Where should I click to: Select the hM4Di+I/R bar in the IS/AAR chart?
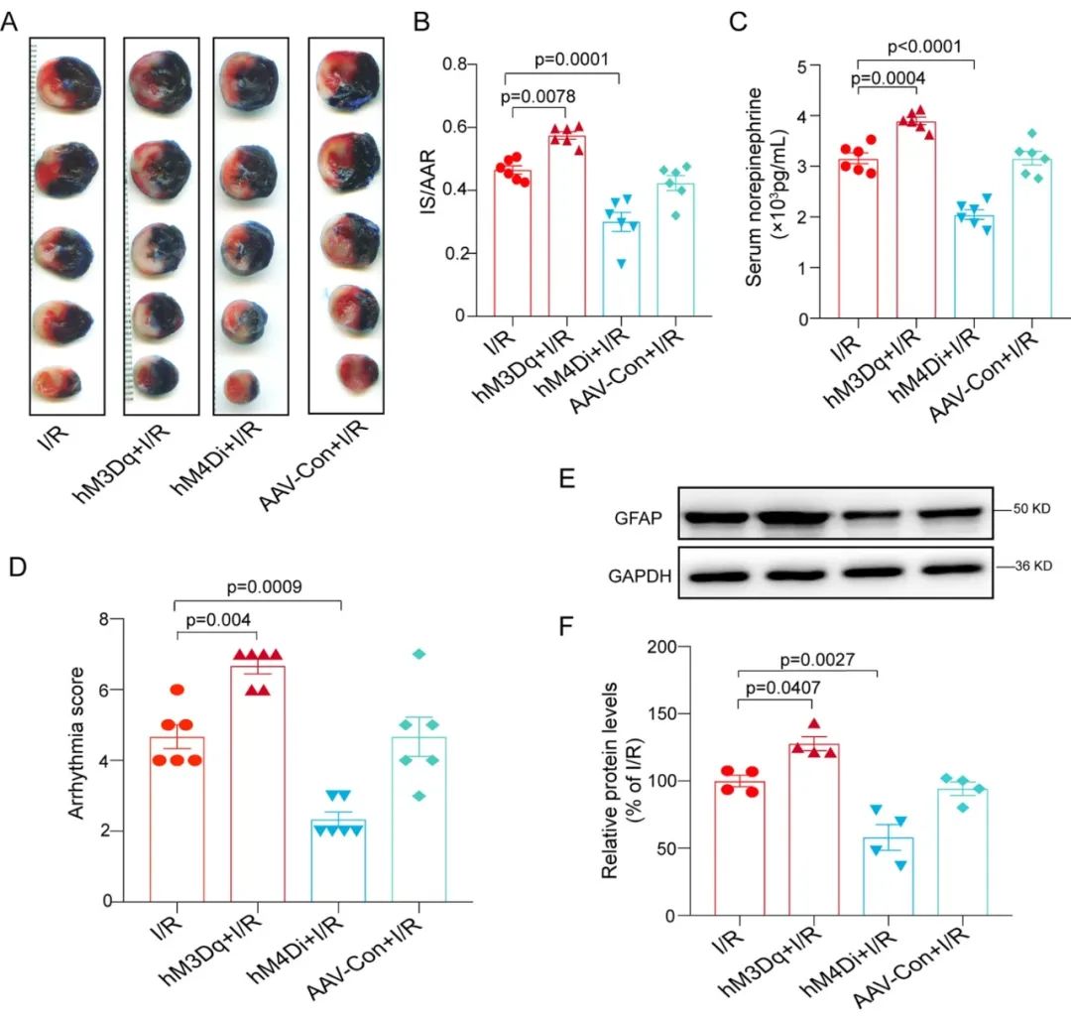pyautogui.click(x=621, y=268)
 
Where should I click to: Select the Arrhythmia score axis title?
pyautogui.click(x=77, y=761)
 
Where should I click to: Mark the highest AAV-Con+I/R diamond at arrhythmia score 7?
pyautogui.click(x=419, y=654)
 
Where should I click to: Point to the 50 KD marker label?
pyautogui.click(x=1026, y=508)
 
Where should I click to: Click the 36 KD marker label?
pyautogui.click(x=1026, y=568)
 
